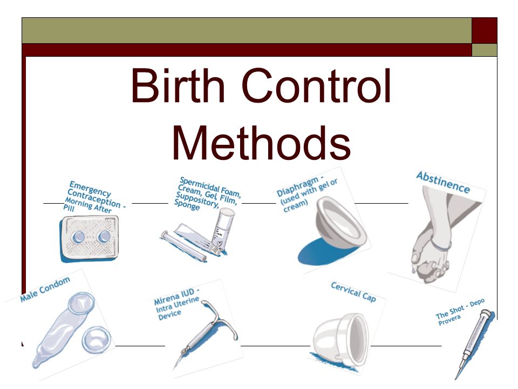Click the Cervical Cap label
tap(353, 292)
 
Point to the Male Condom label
tap(45, 290)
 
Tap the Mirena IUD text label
tap(176, 306)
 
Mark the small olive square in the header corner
tap(485, 50)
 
